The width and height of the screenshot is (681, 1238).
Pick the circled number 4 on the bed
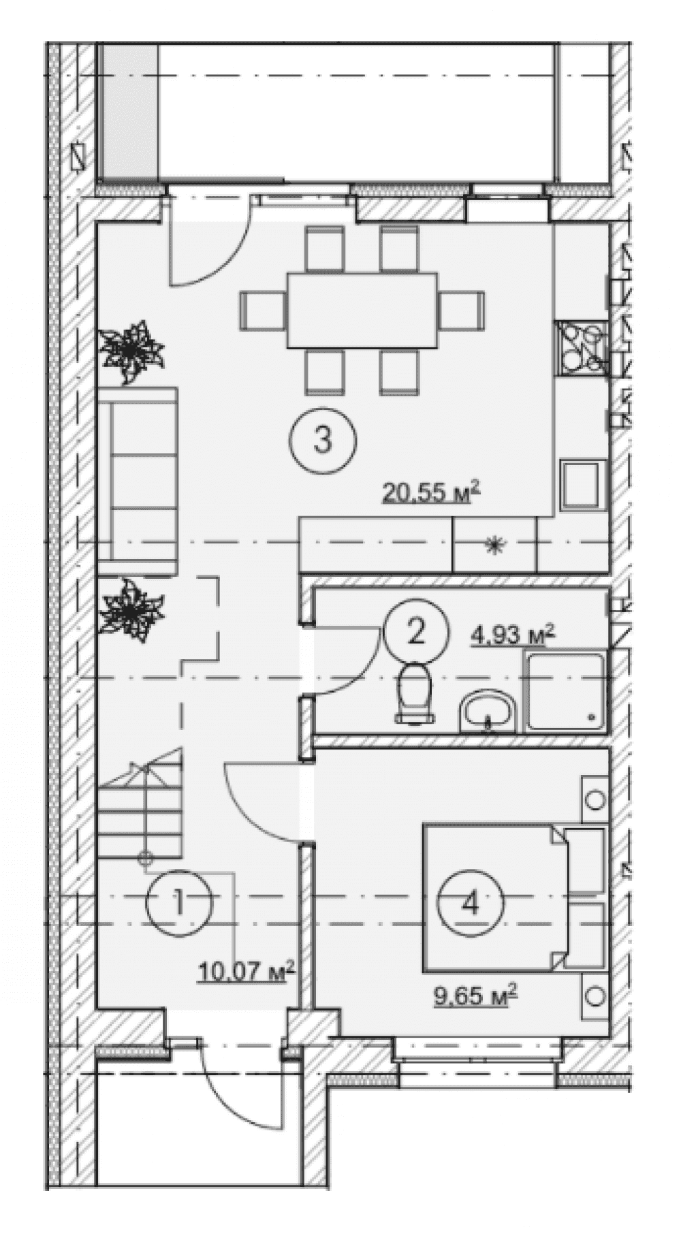coord(469,904)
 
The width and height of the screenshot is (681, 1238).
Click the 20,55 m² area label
coord(431,492)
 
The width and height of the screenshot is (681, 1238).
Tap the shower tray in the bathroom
coord(565,691)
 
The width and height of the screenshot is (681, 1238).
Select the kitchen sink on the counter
coord(582,483)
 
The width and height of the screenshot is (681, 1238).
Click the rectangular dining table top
coord(362,311)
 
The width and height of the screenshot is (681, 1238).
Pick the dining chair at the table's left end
coord(263,311)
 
